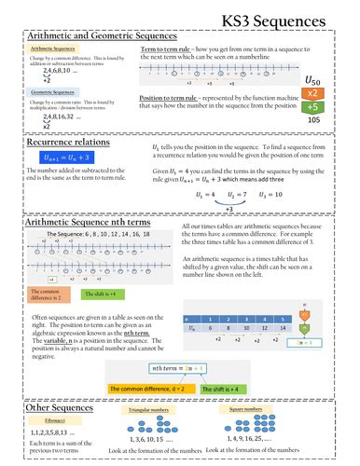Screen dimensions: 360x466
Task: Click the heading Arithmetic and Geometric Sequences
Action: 103,34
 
